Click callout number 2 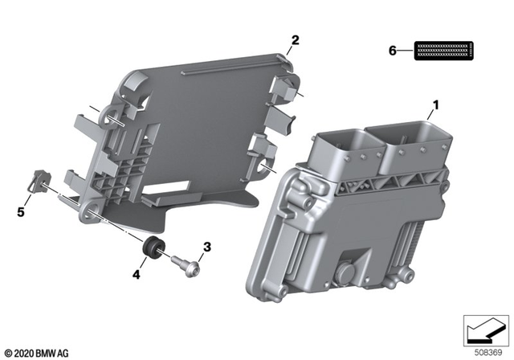[295, 39]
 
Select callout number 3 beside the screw [206, 247]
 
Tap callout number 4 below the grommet [137, 274]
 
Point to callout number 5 [21, 212]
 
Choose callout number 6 [393, 51]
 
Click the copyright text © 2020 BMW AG [37, 351]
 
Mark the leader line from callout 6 [406, 51]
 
